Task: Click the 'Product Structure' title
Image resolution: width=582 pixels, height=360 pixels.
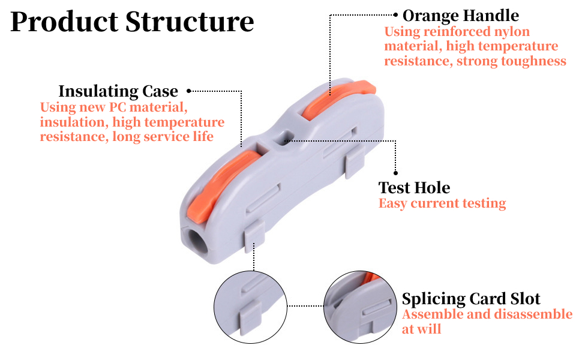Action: coord(132,22)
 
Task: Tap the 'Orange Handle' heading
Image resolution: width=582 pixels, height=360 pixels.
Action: coord(461,15)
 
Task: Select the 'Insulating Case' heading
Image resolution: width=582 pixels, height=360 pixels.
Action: coord(118,91)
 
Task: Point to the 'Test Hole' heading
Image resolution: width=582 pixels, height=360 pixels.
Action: coord(414,187)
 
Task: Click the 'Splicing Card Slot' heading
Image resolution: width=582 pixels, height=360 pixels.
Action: coord(471,299)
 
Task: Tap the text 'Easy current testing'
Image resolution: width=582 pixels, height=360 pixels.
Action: coord(442,203)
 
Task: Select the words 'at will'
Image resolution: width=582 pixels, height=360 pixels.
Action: coord(421,329)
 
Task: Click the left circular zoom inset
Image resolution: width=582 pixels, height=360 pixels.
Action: coord(250,307)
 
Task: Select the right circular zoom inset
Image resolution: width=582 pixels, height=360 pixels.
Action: coord(360,307)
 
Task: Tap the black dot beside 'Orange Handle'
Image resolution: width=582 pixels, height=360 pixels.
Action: coord(395,14)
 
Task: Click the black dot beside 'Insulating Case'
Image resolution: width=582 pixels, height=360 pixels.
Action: coord(188,91)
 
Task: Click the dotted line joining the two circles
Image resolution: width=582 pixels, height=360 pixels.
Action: coord(305,306)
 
